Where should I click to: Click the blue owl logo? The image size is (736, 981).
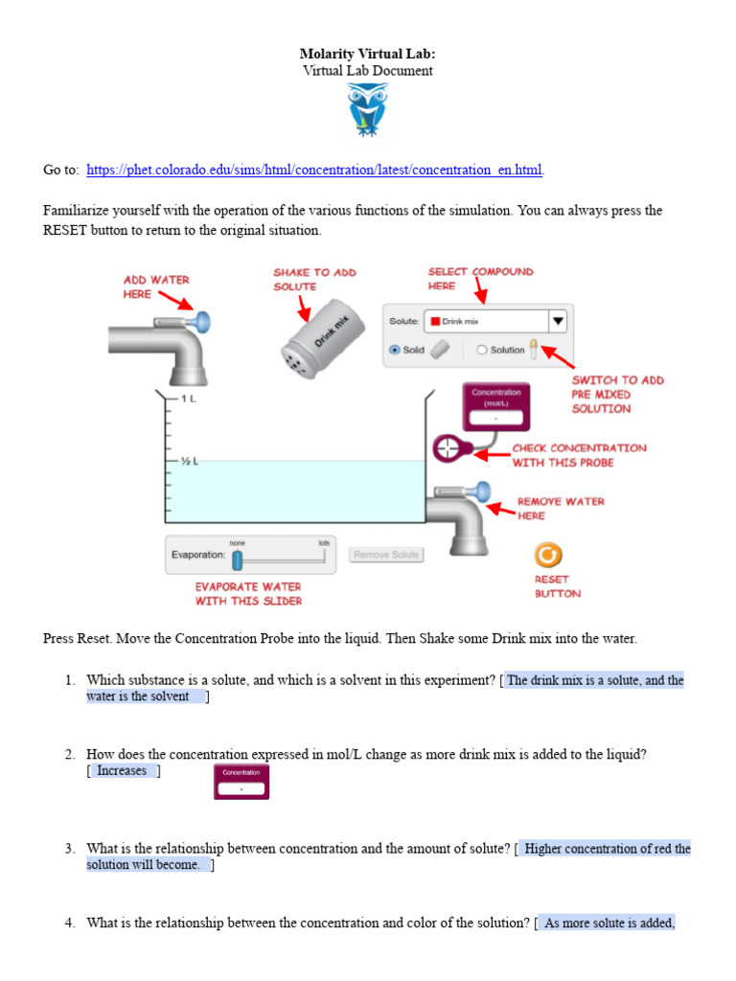coord(368,108)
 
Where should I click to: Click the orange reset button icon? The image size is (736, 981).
coord(548,556)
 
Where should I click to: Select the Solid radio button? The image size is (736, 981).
coord(395,350)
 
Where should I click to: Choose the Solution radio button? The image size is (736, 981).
coord(482,350)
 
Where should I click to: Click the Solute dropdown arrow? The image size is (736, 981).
coord(558,322)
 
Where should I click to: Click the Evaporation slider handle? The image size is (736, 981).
coord(238,559)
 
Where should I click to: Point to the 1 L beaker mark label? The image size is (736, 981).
coord(185,398)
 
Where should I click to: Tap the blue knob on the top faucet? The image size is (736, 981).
coord(203,321)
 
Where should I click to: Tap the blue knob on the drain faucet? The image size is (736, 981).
coord(483,491)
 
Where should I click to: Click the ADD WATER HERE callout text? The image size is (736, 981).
coord(156,286)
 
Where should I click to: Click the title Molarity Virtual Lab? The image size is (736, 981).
coord(368,54)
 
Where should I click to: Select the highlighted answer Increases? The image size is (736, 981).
coord(123,771)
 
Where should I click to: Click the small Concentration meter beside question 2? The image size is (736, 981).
coord(241,782)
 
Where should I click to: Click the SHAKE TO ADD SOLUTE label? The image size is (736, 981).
coord(314,279)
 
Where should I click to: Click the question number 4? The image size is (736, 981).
coord(70,924)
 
